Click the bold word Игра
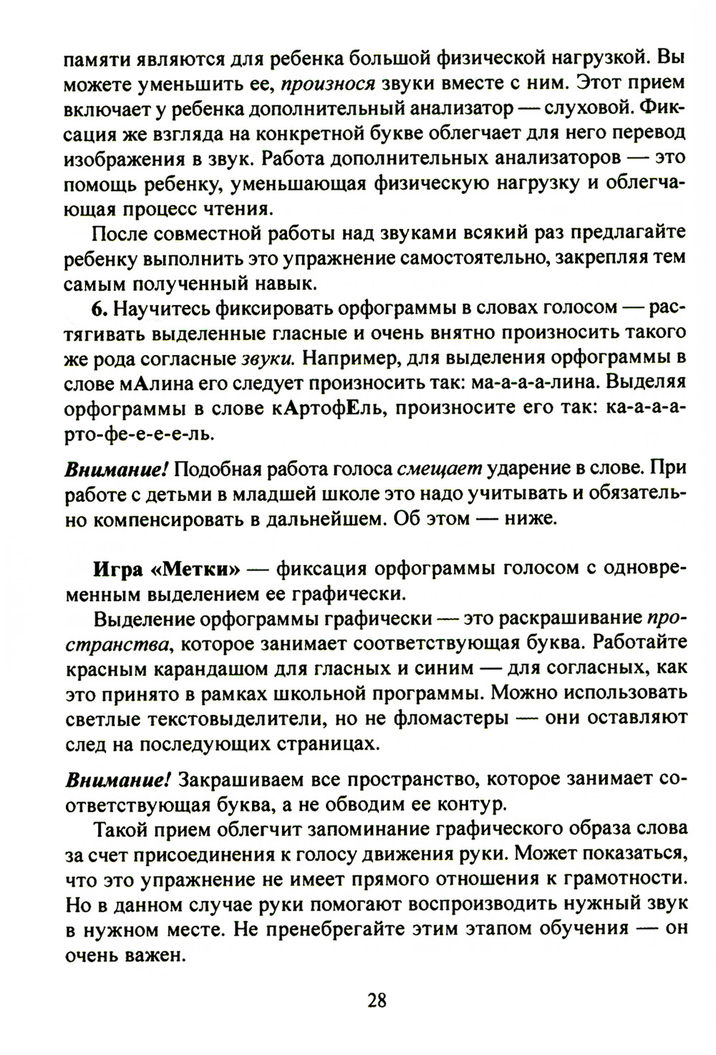118,569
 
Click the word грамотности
623,878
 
